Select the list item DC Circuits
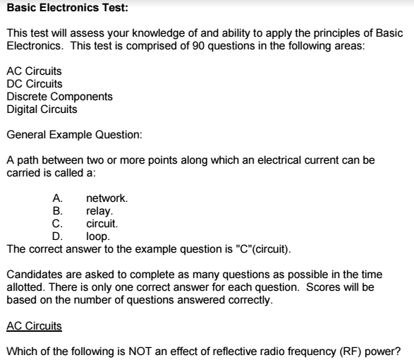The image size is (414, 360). click(x=34, y=83)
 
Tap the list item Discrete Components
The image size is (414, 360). click(x=59, y=96)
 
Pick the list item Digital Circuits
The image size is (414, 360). click(x=42, y=109)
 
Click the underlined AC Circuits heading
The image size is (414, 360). click(x=33, y=325)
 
